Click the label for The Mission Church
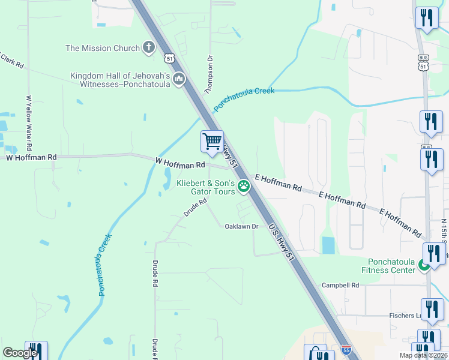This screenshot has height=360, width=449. pyautogui.click(x=103, y=48)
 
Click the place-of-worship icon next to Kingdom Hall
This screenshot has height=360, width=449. pyautogui.click(x=179, y=79)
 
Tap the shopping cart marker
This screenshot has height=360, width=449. pyautogui.click(x=212, y=142)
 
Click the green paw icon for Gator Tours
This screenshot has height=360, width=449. pyautogui.click(x=244, y=186)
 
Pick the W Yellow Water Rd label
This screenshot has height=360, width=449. pyautogui.click(x=29, y=122)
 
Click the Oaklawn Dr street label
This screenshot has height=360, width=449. pyautogui.click(x=241, y=226)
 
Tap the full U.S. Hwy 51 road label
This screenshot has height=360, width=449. pyautogui.click(x=282, y=242)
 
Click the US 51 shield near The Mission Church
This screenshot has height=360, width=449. pyautogui.click(x=170, y=58)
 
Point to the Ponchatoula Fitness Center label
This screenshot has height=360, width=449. pyautogui.click(x=388, y=266)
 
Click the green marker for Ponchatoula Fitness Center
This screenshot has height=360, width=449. pyautogui.click(x=424, y=265)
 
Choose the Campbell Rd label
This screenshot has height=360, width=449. pyautogui.click(x=340, y=285)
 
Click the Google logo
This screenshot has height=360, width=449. pyautogui.click(x=20, y=353)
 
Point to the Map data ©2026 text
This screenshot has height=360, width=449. pyautogui.click(x=423, y=355)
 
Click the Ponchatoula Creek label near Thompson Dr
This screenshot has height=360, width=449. pyautogui.click(x=244, y=99)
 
